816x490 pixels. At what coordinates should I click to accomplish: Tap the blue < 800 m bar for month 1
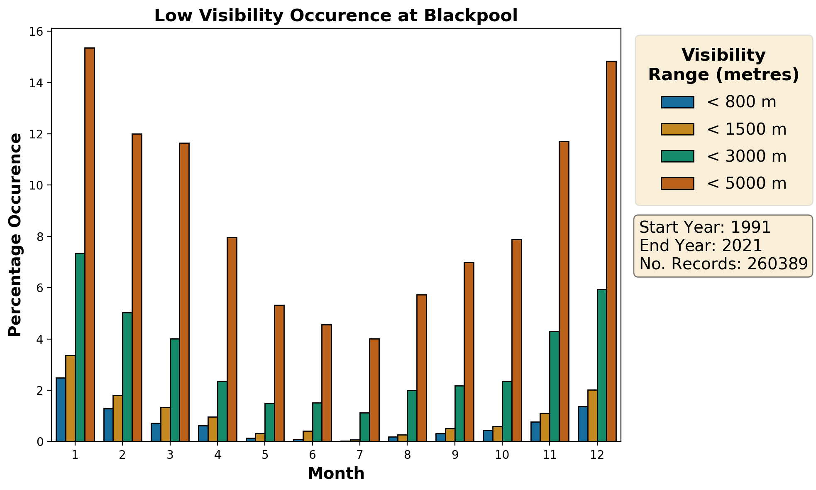click(61, 409)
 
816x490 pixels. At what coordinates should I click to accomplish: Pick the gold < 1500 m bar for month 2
click(118, 418)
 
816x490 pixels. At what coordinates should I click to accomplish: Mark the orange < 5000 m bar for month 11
click(564, 291)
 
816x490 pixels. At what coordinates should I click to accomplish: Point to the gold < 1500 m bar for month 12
click(592, 415)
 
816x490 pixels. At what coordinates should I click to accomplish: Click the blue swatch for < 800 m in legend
click(677, 102)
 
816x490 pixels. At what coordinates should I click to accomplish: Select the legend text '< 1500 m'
click(746, 130)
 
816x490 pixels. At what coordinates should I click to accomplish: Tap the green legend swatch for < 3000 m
click(677, 156)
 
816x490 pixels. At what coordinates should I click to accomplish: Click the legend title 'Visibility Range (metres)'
click(723, 65)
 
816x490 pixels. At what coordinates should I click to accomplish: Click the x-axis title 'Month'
click(336, 474)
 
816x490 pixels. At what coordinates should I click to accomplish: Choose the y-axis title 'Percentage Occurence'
click(15, 235)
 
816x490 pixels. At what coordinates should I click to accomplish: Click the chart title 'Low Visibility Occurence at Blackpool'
click(336, 16)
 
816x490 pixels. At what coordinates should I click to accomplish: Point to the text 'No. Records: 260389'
click(723, 264)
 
